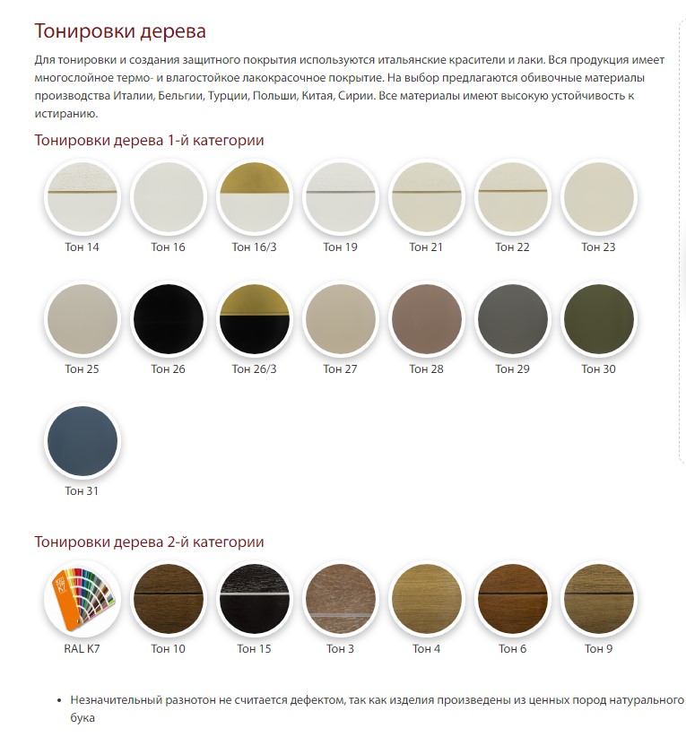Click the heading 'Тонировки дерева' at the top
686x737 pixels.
coord(120,31)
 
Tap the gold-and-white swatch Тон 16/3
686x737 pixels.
coord(254,197)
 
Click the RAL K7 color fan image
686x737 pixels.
coord(82,599)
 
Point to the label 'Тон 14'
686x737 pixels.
coord(82,247)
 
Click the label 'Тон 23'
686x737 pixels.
coord(598,247)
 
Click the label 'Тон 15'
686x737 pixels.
coord(254,648)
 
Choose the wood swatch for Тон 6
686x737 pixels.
coord(512,599)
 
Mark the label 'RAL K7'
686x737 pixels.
coord(82,648)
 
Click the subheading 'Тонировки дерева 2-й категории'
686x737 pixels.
coord(149,542)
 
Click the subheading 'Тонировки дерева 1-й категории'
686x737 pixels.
coord(149,140)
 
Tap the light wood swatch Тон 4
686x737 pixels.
coord(426,599)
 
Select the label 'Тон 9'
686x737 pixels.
coord(598,648)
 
